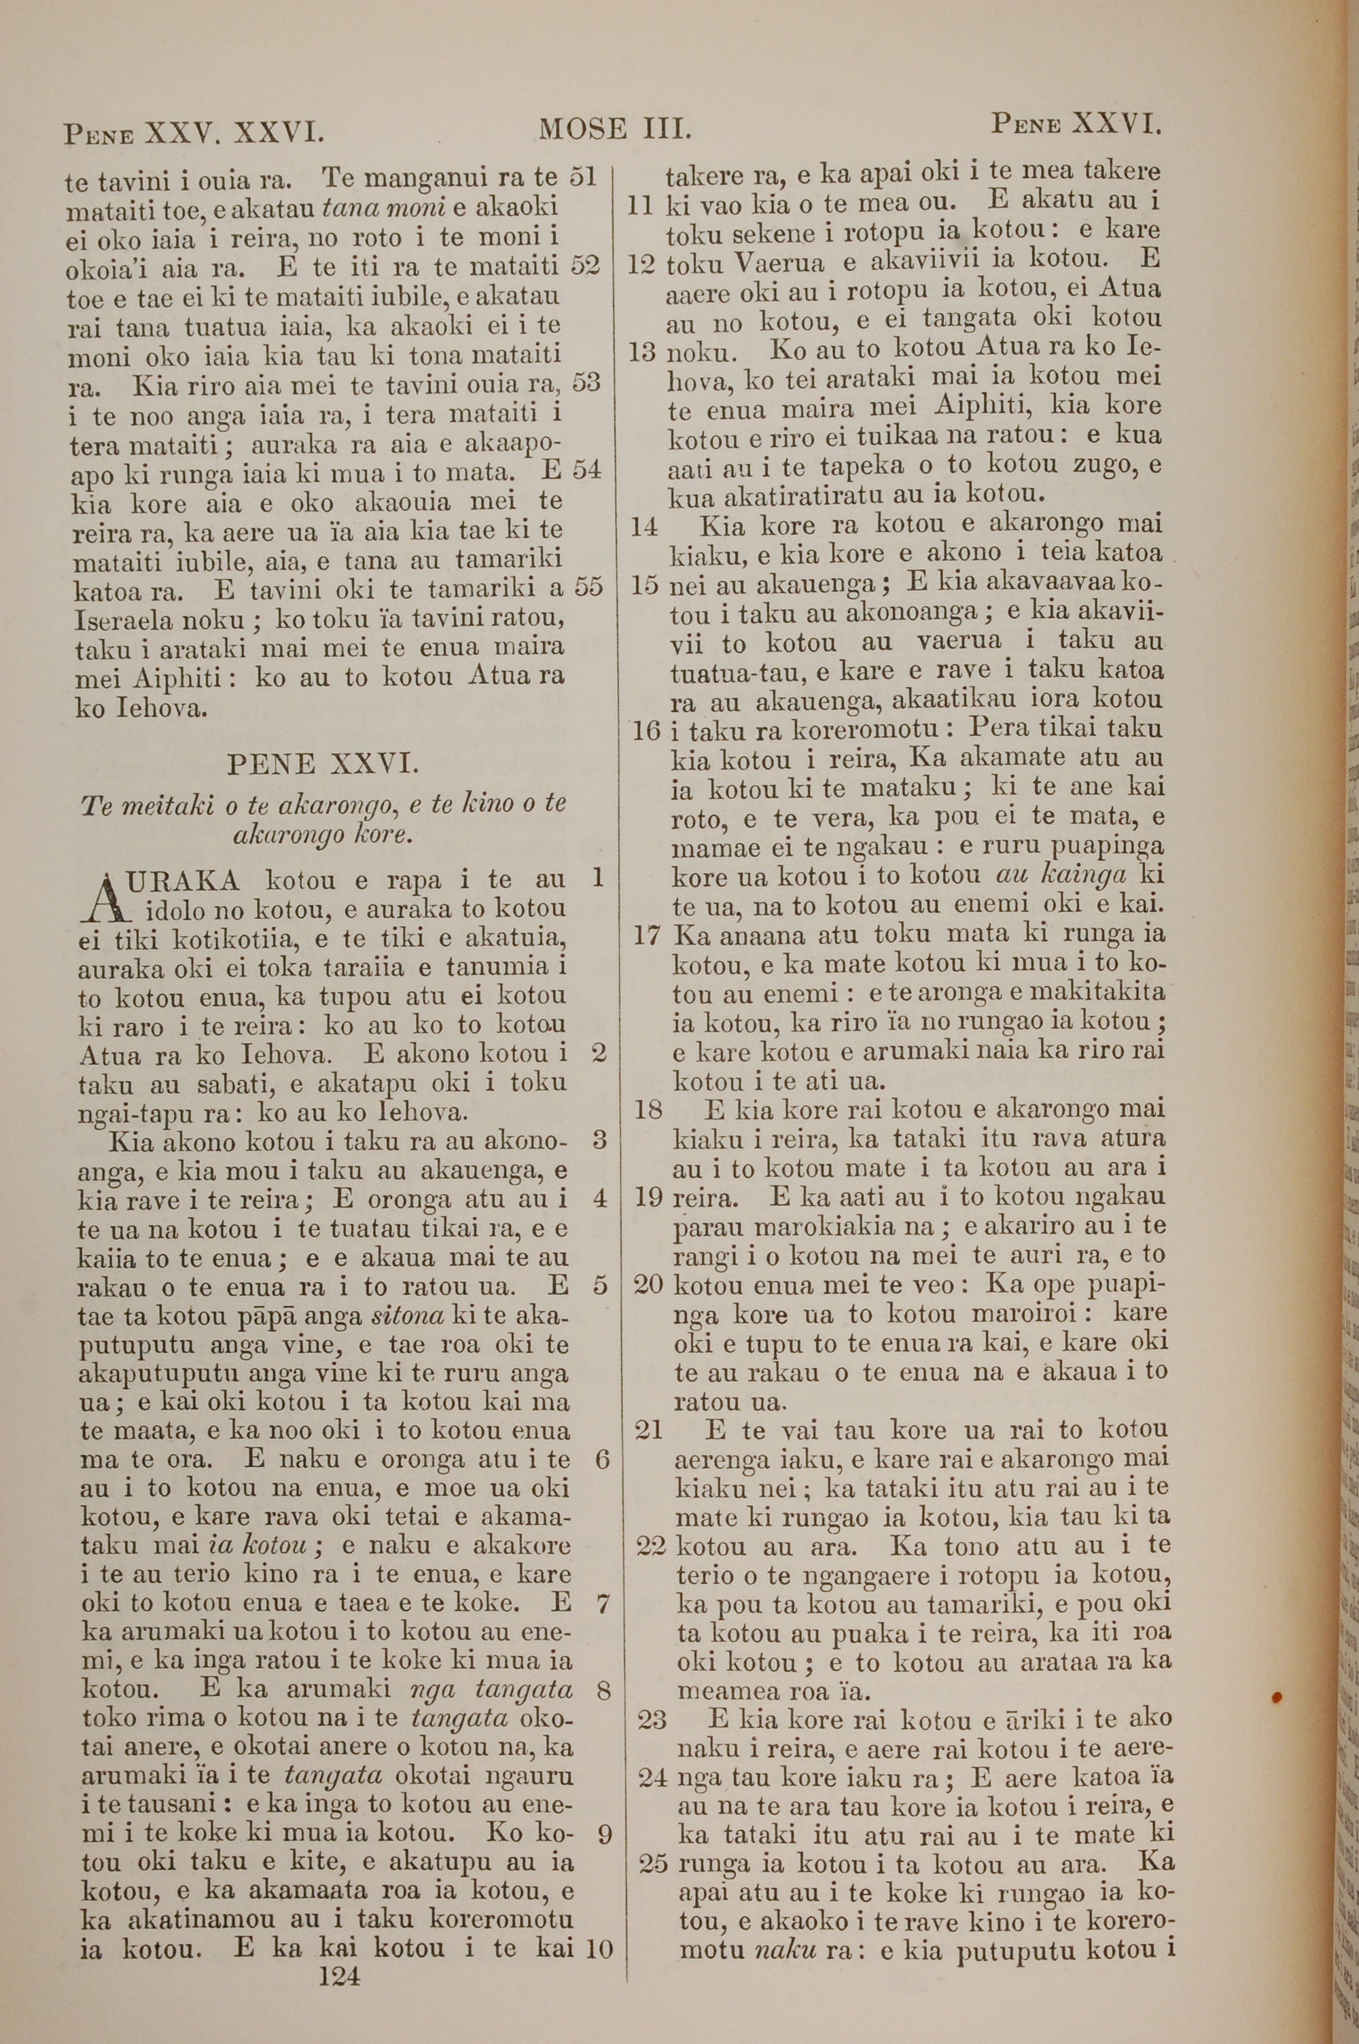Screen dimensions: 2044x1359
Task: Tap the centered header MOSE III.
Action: pos(614,129)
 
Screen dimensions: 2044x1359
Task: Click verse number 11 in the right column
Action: pos(639,206)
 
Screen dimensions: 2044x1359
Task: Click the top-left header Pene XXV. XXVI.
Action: pos(194,133)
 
